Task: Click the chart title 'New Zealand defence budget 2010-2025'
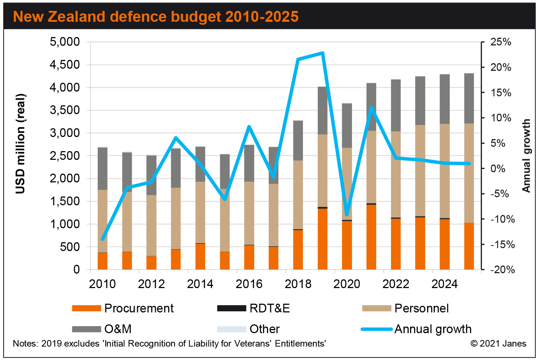pyautogui.click(x=156, y=17)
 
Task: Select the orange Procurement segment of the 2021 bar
pyautogui.click(x=371, y=236)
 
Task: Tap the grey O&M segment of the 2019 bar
pyautogui.click(x=323, y=110)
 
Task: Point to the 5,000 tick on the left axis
pyautogui.click(x=65, y=42)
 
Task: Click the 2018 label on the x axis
pyautogui.click(x=298, y=284)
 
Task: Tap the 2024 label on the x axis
pyautogui.click(x=445, y=284)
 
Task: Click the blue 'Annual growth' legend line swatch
pyautogui.click(x=377, y=329)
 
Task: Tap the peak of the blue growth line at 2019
pyautogui.click(x=323, y=53)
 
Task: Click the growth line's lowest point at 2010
pyautogui.click(x=102, y=239)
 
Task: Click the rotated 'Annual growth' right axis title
pyautogui.click(x=526, y=155)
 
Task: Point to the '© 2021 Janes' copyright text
pyautogui.click(x=498, y=344)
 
